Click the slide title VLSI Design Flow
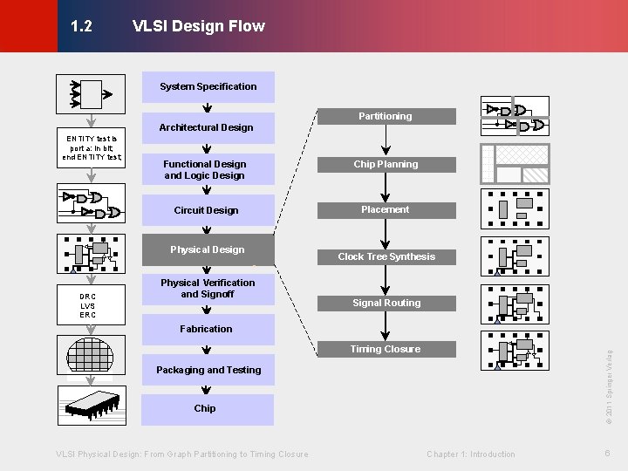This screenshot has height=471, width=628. pos(198,26)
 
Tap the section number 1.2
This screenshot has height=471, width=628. pos(81,26)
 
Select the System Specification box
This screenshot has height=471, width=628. pos(208,86)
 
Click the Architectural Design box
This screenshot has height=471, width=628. pos(208,127)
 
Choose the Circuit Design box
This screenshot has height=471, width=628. pos(208,210)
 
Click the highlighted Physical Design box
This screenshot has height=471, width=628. pos(208,249)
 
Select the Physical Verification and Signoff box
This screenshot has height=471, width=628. pos(208,289)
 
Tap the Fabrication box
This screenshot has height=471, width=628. pos(208,329)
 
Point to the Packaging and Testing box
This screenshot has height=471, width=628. pos(208,370)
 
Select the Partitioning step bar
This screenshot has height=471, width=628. pos(386,116)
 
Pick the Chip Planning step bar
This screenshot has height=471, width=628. pos(386,164)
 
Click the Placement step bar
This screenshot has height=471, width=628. pos(386,210)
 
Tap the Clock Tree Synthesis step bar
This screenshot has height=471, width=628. pos(386,256)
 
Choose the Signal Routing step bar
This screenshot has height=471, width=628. pos(386,303)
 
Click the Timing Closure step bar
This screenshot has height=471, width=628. pos(386,349)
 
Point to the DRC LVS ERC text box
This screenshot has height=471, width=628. pos(87,305)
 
